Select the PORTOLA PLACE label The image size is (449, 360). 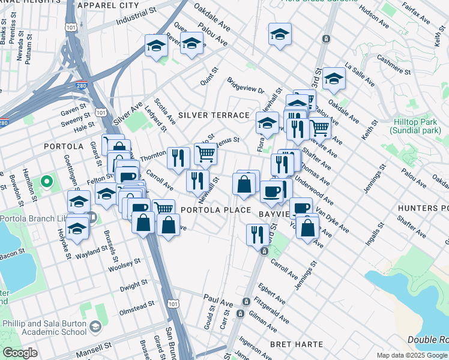pyautogui.click(x=215, y=210)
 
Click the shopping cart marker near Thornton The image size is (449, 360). pyautogui.click(x=205, y=154)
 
